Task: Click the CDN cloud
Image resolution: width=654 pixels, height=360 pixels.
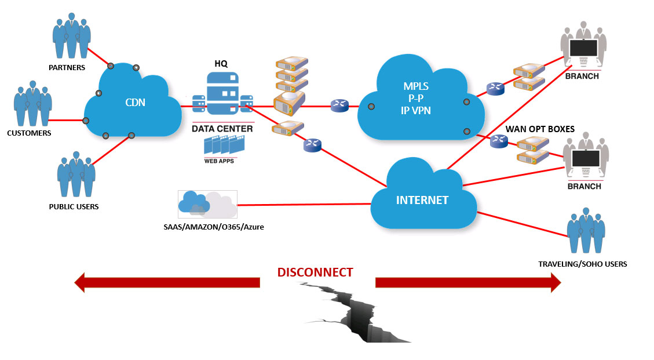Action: (134, 103)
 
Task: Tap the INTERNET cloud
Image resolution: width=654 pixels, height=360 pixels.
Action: (422, 200)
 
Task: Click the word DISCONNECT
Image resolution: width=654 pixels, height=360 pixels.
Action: (315, 272)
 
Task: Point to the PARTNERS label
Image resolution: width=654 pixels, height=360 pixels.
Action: (67, 67)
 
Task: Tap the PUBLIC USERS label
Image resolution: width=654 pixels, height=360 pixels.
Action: (74, 206)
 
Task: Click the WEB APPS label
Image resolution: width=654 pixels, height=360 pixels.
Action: (219, 161)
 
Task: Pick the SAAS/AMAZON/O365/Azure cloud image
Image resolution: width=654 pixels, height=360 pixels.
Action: (207, 205)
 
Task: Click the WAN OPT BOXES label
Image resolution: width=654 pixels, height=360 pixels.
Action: (540, 129)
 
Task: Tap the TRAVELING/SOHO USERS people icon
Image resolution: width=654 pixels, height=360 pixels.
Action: (586, 231)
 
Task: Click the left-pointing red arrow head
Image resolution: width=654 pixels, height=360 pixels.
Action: (81, 282)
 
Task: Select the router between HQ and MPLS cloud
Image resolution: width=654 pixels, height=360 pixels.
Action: (339, 106)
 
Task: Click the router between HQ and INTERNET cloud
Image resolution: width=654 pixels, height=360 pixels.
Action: (312, 146)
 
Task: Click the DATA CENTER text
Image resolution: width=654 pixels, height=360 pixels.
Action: (222, 128)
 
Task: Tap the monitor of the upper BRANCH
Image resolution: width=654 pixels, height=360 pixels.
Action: (583, 48)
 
